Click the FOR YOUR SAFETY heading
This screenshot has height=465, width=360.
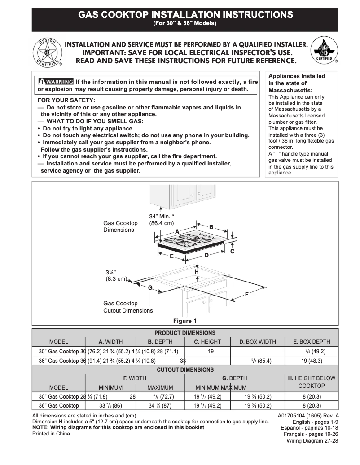[x=66, y=100]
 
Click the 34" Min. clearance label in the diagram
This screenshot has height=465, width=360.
[x=162, y=217]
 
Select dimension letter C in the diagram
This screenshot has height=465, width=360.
[x=232, y=252]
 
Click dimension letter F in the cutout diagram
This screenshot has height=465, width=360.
[x=246, y=295]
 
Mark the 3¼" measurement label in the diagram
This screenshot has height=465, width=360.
[x=111, y=272]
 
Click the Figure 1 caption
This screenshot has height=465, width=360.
[x=185, y=321]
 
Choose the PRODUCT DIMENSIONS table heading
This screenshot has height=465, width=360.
[x=185, y=333]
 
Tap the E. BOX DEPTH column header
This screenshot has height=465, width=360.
[x=312, y=342]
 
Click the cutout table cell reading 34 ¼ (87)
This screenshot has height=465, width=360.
[x=159, y=405]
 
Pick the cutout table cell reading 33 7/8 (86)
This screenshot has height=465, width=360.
[x=110, y=405]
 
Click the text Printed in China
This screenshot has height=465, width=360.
[x=51, y=434]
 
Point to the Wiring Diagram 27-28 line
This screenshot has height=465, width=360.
[x=312, y=441]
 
